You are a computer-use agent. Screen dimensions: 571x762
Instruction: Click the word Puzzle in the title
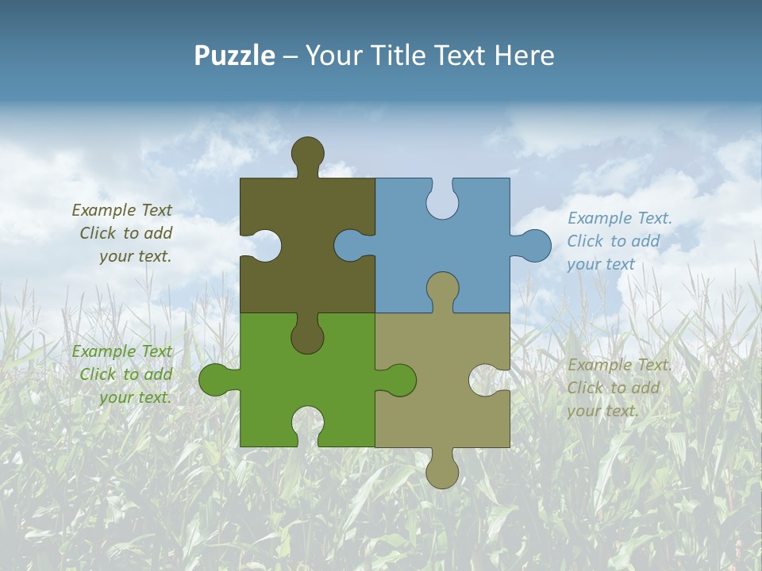pos(235,56)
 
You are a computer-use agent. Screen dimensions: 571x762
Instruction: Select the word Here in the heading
pos(525,56)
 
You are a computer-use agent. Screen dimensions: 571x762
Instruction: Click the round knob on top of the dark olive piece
pos(307,153)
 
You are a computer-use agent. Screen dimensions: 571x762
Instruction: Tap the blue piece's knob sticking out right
pos(534,245)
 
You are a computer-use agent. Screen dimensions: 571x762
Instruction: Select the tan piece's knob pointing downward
pos(442,472)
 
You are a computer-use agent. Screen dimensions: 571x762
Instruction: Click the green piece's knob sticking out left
pos(215,380)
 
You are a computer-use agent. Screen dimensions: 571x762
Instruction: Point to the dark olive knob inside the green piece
pos(307,336)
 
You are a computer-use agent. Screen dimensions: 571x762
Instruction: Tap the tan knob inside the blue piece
pos(442,289)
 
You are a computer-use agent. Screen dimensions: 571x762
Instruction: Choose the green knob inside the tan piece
pos(399,380)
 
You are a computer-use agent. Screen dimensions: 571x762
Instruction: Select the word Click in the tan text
pos(584,388)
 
